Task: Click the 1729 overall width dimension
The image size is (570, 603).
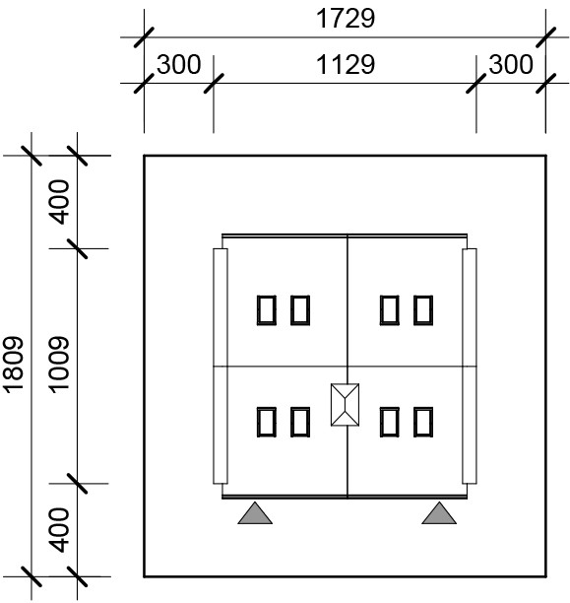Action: click(x=346, y=19)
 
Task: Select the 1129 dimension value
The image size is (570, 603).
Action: click(x=346, y=65)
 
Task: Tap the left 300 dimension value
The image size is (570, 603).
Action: click(x=179, y=65)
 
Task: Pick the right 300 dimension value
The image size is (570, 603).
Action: click(x=511, y=65)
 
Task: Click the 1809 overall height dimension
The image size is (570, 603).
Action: click(x=14, y=366)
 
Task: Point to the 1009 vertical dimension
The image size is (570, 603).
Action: click(x=59, y=366)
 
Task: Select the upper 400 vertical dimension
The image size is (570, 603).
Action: click(x=59, y=202)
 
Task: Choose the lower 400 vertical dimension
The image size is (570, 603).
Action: click(x=59, y=530)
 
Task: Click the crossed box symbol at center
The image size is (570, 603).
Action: click(x=346, y=405)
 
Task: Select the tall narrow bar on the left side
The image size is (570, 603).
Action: click(x=221, y=367)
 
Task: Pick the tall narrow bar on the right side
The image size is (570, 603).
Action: click(x=470, y=367)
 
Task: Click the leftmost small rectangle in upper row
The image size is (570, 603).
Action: click(x=267, y=310)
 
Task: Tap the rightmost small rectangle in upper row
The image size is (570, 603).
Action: click(x=423, y=310)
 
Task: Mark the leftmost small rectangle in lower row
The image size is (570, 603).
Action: click(x=267, y=422)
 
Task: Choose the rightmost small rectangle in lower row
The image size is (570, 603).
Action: click(x=423, y=422)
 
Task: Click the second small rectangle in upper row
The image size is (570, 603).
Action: click(x=300, y=310)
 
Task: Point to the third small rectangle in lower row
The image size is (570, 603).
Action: click(x=390, y=422)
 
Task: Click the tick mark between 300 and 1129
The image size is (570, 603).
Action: click(x=214, y=84)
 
